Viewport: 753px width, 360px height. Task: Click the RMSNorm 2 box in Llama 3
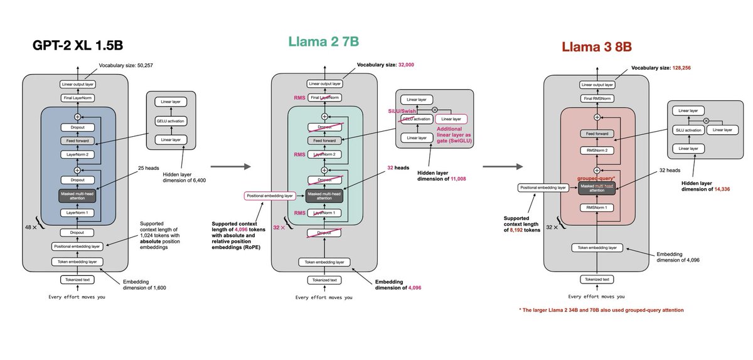(x=597, y=150)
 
